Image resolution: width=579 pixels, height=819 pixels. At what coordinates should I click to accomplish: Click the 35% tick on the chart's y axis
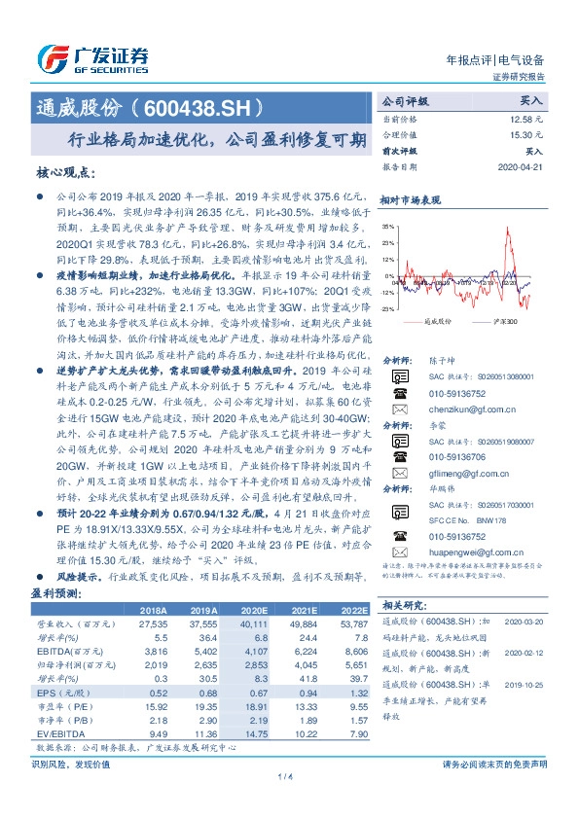387,227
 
